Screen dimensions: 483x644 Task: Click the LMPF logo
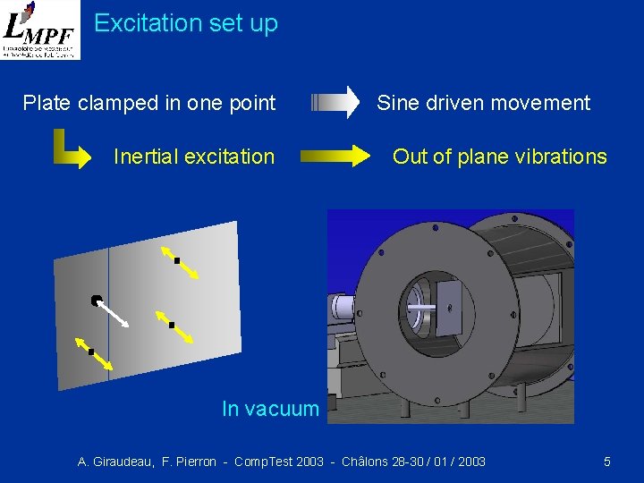coord(40,30)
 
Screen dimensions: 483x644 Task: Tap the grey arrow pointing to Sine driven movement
coord(335,103)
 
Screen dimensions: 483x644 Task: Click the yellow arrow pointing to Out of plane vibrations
coord(336,157)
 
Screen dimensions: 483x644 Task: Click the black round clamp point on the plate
coord(96,301)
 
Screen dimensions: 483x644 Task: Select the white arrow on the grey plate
coord(114,313)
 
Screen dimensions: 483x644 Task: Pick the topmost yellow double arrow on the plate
coord(177,261)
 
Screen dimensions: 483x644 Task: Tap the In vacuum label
coord(270,409)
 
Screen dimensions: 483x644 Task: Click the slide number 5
coord(607,462)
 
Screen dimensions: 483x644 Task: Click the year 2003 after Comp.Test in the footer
coord(309,462)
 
